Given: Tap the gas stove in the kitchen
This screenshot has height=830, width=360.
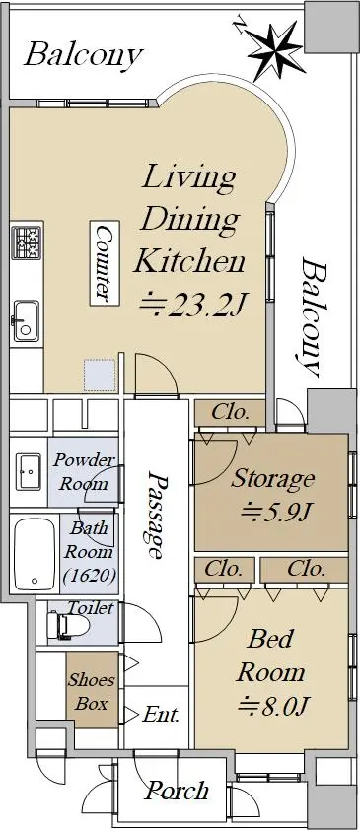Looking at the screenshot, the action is tap(27, 242).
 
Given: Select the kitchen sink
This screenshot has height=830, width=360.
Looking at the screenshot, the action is tap(26, 320).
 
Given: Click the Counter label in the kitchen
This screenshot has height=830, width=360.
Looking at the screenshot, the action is tap(105, 263).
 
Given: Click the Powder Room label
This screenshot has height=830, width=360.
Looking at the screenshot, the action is tap(84, 471).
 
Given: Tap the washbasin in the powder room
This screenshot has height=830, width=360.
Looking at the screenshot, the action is tap(28, 471).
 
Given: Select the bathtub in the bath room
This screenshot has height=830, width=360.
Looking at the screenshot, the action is tap(35, 554).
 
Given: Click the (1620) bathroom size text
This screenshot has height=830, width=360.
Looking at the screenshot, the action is tap(89, 576).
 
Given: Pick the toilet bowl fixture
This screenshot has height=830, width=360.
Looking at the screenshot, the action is tap(68, 625).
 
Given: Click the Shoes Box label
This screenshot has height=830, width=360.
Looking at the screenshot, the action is tap(92, 691).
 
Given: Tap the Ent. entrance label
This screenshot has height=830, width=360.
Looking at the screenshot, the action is tap(161, 715).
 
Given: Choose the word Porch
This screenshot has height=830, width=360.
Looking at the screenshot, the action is tap(177, 792).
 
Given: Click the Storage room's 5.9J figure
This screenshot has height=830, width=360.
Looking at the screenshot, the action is tap(275, 511).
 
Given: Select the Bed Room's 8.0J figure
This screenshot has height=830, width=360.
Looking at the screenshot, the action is tap(274, 705).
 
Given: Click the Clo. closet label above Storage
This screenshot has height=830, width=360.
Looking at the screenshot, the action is tap(230, 413).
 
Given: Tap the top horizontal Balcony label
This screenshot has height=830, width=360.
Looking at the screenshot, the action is tap(84, 55).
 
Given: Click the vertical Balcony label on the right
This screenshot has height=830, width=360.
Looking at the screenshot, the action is tap(311, 316).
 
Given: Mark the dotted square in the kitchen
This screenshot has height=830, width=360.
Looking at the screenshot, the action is tap(99, 375).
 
